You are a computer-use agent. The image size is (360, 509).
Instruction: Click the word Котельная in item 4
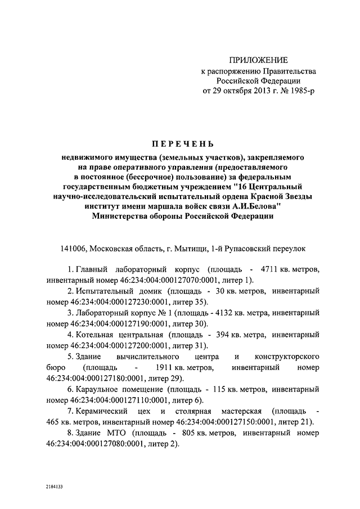(96, 335)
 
